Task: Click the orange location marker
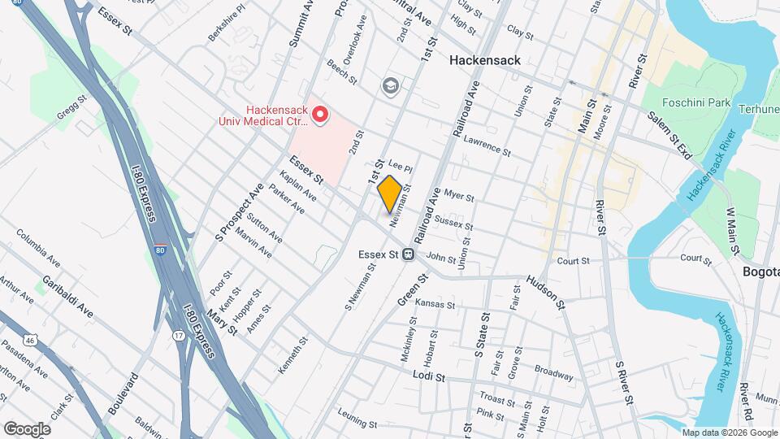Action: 389,194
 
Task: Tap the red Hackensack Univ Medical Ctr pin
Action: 320,115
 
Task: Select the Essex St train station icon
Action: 410,254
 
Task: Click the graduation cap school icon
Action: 391,85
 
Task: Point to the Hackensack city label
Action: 487,60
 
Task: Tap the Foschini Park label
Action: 692,103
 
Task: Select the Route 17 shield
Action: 178,334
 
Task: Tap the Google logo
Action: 26,428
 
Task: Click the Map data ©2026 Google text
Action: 728,432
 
